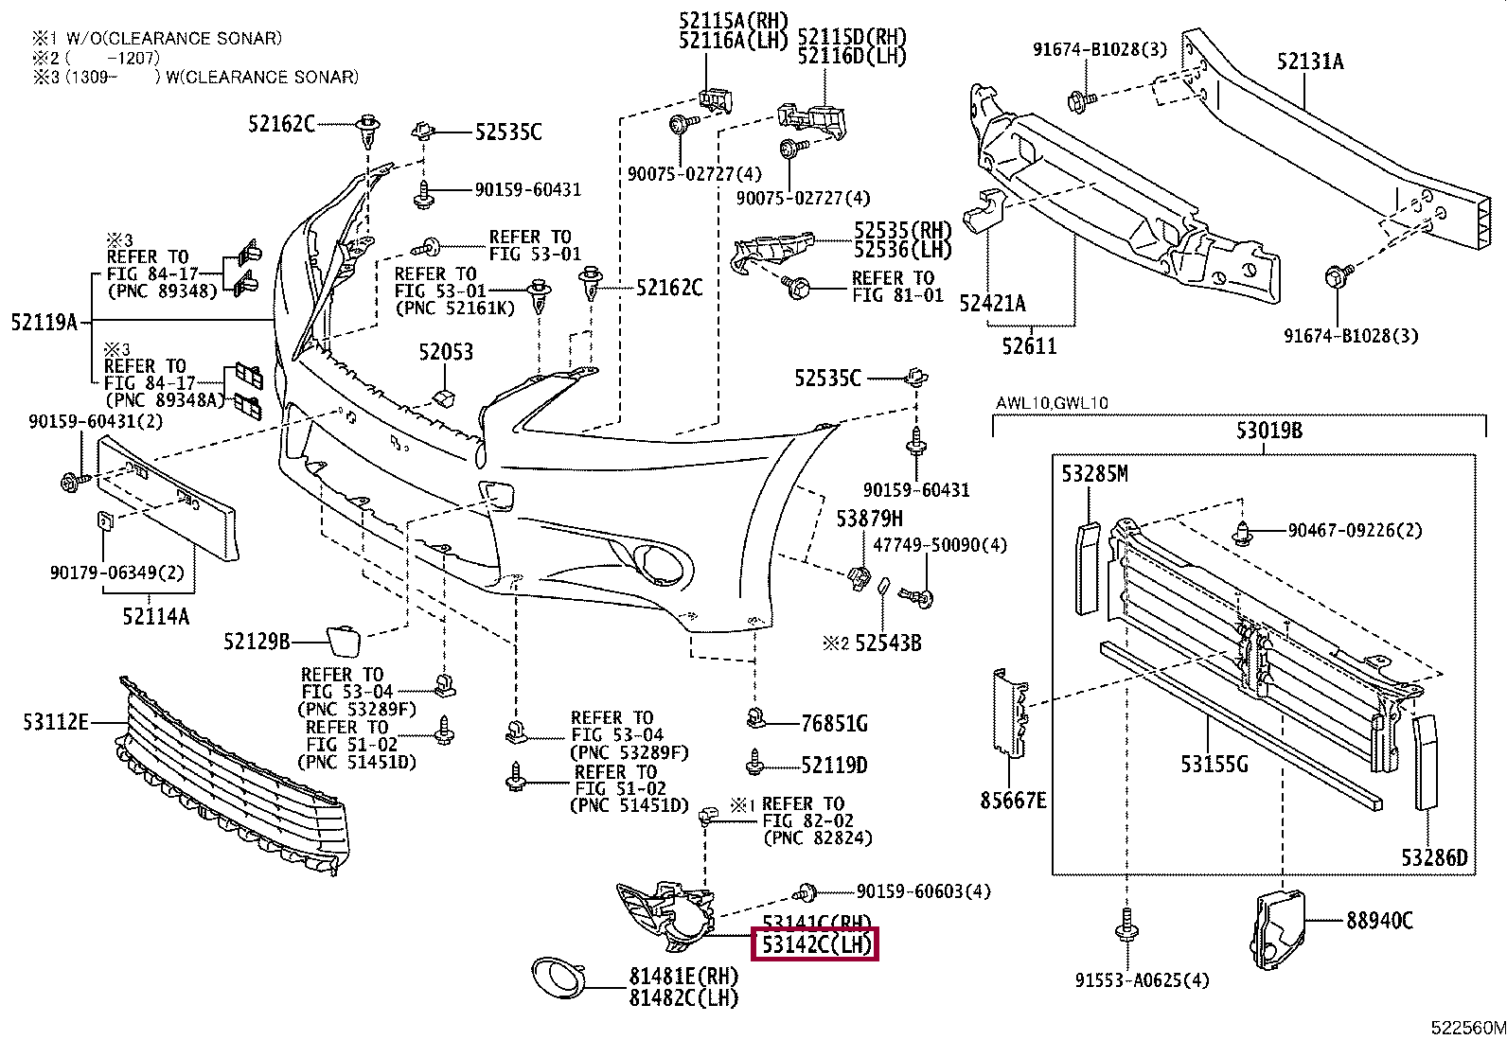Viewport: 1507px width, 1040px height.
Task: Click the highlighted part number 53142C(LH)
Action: click(815, 944)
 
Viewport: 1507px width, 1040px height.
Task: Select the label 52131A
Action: click(1309, 62)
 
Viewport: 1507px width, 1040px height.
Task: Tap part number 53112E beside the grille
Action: click(56, 723)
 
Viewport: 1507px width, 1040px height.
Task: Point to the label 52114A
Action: click(155, 617)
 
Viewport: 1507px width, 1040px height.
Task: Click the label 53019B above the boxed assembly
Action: click(1268, 431)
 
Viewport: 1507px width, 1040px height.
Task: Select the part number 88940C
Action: click(1379, 919)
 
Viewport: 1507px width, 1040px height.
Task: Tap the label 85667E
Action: click(1013, 801)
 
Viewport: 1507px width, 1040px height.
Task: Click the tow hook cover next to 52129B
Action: click(343, 640)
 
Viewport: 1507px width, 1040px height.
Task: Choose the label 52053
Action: click(446, 352)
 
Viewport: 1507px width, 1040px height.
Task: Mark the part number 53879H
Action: click(869, 519)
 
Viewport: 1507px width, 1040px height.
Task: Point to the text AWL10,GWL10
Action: click(1052, 403)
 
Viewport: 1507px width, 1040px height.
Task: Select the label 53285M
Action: click(1094, 473)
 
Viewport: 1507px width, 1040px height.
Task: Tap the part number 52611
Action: click(1029, 346)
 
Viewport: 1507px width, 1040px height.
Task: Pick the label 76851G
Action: click(834, 724)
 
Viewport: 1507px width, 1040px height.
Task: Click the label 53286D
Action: click(1434, 857)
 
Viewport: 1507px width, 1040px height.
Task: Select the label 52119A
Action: click(44, 322)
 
